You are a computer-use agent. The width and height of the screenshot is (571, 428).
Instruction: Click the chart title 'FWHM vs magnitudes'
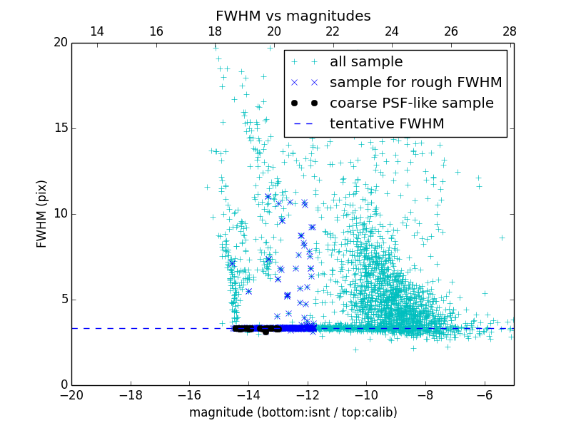293,16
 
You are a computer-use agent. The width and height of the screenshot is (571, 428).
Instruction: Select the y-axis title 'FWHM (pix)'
42,213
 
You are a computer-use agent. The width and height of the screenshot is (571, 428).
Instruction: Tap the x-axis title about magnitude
293,412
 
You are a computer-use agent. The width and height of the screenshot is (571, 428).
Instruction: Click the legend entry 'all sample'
365,62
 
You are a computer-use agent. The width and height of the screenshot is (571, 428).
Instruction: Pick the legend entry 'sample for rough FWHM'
415,83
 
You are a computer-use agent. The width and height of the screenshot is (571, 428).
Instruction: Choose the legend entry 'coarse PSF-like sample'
411,103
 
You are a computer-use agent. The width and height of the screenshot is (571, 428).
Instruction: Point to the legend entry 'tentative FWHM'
387,124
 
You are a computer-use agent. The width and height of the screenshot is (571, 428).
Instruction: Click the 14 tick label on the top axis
97,31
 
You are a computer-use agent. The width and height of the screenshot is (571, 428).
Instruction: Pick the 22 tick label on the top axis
333,31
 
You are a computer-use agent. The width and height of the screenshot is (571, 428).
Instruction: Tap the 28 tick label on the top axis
510,31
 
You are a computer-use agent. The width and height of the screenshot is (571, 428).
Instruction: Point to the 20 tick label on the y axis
60,43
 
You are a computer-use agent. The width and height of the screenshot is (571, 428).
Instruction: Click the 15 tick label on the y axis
60,128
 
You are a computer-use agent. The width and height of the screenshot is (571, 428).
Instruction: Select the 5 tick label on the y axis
63,300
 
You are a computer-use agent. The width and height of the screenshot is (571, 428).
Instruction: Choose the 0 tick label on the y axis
63,385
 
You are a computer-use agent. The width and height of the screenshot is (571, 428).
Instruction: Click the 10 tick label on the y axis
60,214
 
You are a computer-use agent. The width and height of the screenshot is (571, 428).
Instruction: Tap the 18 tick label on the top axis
215,31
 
